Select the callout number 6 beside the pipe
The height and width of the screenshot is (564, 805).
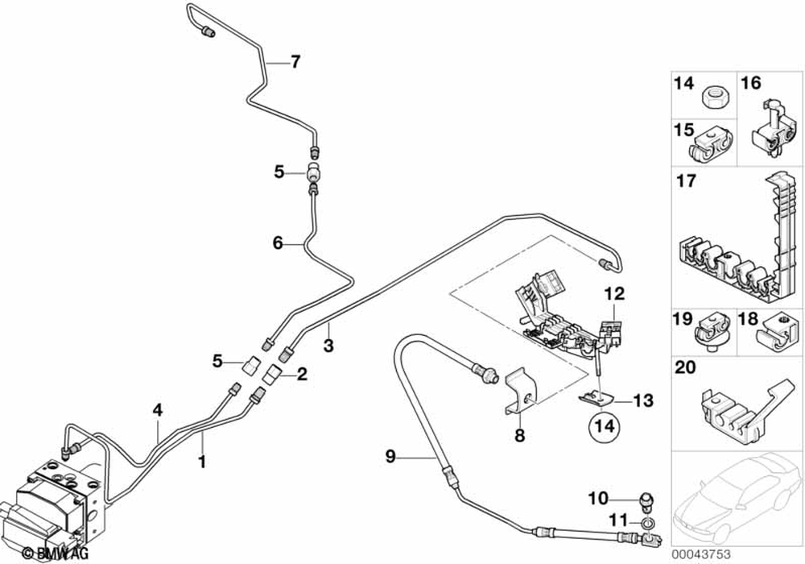[278, 242]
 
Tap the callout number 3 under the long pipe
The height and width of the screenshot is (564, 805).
[328, 346]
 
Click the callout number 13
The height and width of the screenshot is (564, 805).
[643, 400]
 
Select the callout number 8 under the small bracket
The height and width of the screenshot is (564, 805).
[519, 435]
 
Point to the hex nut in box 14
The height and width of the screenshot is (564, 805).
[710, 97]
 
